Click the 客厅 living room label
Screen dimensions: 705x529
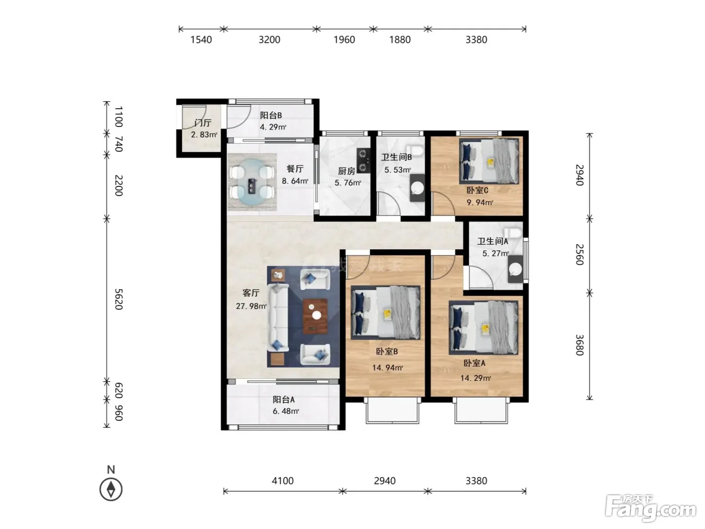(250, 293)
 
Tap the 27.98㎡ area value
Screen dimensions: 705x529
(251, 306)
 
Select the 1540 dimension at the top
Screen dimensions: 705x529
(201, 40)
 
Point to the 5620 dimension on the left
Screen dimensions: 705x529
(119, 299)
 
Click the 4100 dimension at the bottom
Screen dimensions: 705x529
(283, 481)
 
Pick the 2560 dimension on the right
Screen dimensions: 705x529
(580, 255)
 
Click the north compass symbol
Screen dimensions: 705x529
(111, 489)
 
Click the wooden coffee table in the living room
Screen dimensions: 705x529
(315, 316)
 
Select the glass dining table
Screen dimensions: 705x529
(252, 182)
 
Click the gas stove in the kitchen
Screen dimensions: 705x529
(363, 160)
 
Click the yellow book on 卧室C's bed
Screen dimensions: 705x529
(490, 163)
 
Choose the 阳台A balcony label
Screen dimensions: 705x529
(284, 400)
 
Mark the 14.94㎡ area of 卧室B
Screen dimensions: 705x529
(387, 367)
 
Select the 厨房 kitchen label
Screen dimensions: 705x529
(346, 171)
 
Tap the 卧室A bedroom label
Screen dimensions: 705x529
(474, 363)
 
